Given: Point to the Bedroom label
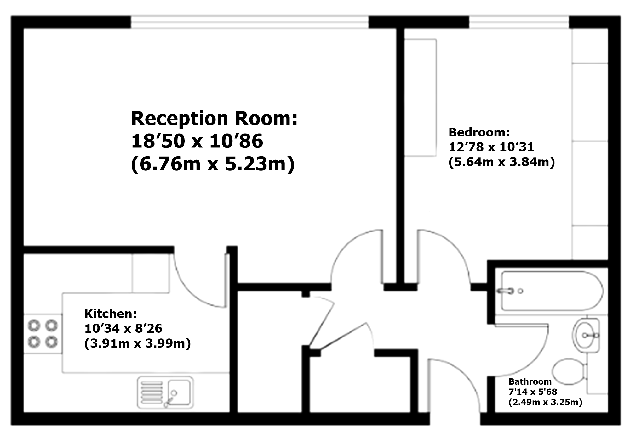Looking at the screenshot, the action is [479, 132].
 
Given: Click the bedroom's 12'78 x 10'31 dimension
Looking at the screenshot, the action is [491, 147].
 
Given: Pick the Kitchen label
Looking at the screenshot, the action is [110, 314].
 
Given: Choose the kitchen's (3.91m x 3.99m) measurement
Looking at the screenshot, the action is [138, 344].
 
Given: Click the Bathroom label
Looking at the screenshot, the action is [530, 381].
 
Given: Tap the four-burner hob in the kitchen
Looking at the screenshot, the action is [43, 334].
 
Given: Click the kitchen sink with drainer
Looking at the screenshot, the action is [165, 392].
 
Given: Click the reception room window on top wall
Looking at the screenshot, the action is [249, 22].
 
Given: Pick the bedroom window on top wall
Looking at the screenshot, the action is [519, 22].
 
